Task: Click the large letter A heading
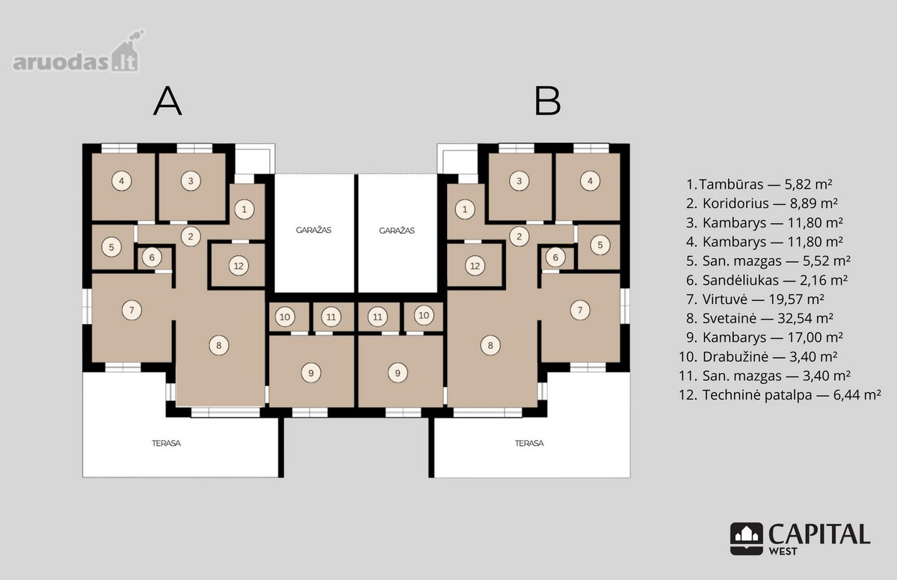point(167,102)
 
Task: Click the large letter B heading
point(547,102)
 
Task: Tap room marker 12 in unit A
point(238,266)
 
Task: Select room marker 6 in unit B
point(555,257)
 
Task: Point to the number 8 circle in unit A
point(218,345)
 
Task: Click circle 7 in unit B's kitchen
point(580,310)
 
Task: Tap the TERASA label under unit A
point(166,443)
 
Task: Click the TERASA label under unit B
point(529,443)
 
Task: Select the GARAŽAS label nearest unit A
point(313,230)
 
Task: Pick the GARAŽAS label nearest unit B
point(397,231)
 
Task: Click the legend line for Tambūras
point(759,184)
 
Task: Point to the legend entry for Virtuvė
point(755,299)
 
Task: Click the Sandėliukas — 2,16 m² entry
point(766,280)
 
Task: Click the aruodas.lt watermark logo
point(78,52)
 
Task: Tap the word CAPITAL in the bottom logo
point(819,534)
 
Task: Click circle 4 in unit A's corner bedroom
point(121,181)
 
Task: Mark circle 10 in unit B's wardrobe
point(424,316)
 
